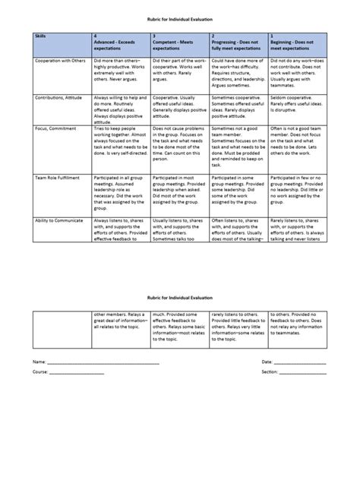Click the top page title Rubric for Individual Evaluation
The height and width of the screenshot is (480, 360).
click(180, 17)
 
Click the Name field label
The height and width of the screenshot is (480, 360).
click(37, 362)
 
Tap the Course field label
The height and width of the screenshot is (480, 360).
click(39, 372)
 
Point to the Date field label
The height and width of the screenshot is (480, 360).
click(267, 362)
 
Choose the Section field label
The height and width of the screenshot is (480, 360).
click(268, 372)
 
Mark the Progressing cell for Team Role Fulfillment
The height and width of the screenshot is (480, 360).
click(238, 189)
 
